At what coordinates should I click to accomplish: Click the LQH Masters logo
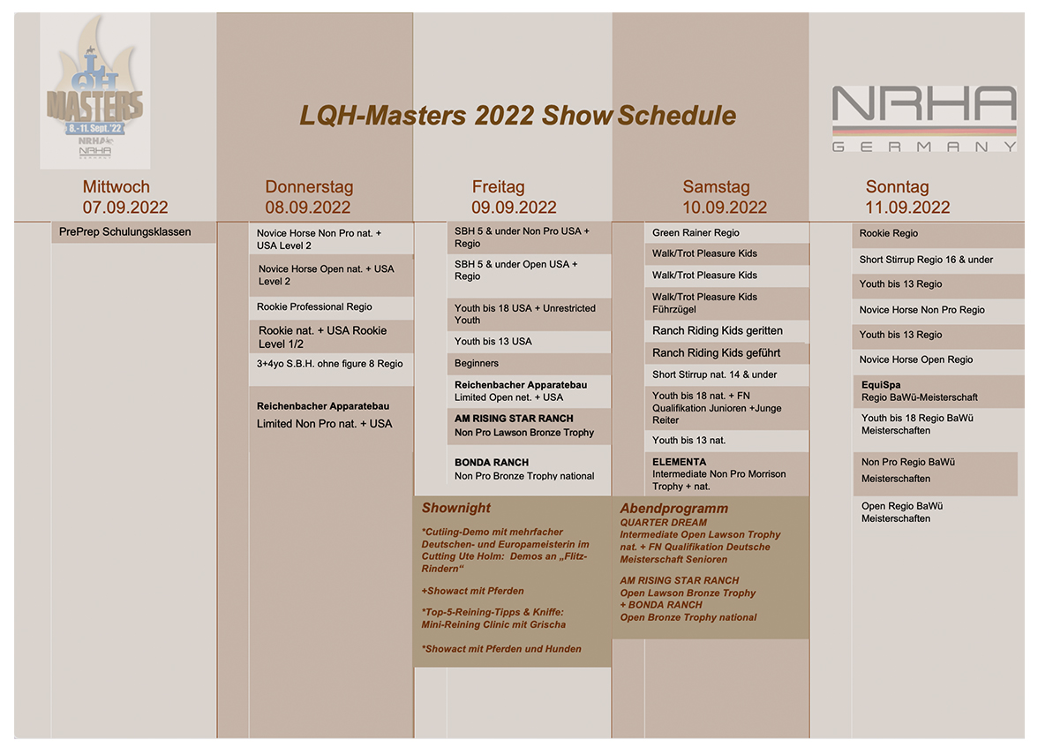[x=94, y=89]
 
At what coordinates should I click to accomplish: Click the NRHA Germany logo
[x=924, y=118]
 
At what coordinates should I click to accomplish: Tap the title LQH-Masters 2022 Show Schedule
[x=517, y=116]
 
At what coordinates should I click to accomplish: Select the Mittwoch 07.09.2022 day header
[x=125, y=197]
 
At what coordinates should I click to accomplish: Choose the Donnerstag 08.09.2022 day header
[x=308, y=197]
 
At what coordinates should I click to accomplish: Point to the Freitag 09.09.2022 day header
[x=514, y=197]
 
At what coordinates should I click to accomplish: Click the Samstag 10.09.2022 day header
[x=725, y=197]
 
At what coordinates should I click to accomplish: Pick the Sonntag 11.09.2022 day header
[x=907, y=197]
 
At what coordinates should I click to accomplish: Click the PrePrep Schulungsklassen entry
[x=125, y=232]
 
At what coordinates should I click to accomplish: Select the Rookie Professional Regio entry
[x=314, y=306]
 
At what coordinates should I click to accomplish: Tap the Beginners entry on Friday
[x=477, y=363]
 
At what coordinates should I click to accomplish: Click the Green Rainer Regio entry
[x=696, y=232]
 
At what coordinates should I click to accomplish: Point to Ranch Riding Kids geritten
[x=718, y=330]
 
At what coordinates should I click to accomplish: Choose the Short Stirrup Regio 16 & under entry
[x=926, y=260]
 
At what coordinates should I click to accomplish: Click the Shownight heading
[x=456, y=508]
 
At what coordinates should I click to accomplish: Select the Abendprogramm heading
[x=674, y=509]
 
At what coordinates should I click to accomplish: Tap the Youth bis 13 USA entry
[x=493, y=341]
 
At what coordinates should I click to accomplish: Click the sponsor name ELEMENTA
[x=680, y=462]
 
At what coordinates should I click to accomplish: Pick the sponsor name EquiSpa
[x=881, y=385]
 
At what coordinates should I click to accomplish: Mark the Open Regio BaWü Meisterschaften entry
[x=902, y=512]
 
